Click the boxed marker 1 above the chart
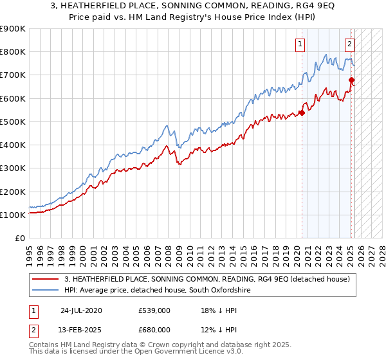[x=300, y=44]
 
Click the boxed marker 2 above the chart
[x=349, y=44]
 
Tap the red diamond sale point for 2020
[x=302, y=113]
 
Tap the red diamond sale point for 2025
[x=351, y=80]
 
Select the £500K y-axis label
[x=13, y=122]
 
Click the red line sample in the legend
[x=46, y=279]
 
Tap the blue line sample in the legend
[x=46, y=291]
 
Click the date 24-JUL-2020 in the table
[x=82, y=310]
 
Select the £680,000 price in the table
[x=154, y=330]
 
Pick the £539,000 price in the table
[x=154, y=310]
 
